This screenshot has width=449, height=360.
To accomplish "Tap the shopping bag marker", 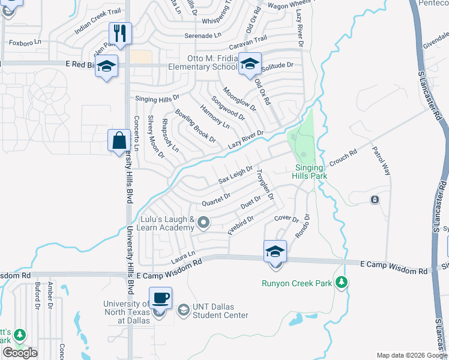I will [119, 140].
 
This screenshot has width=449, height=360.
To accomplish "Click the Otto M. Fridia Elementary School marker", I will [249, 64].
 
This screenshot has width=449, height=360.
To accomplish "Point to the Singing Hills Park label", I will [310, 172].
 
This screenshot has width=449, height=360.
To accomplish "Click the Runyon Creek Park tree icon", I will [342, 281].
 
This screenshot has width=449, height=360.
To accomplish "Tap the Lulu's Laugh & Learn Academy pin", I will [203, 223].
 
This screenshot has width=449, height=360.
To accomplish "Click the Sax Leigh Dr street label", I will [235, 176].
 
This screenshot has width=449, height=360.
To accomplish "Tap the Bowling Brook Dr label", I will [195, 125].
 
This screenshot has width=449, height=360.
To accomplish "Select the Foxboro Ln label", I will [25, 43].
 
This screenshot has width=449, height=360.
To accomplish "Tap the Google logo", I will [20, 353].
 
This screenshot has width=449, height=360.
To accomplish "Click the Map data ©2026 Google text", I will [411, 355].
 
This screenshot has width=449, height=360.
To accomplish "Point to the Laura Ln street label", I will [184, 257].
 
